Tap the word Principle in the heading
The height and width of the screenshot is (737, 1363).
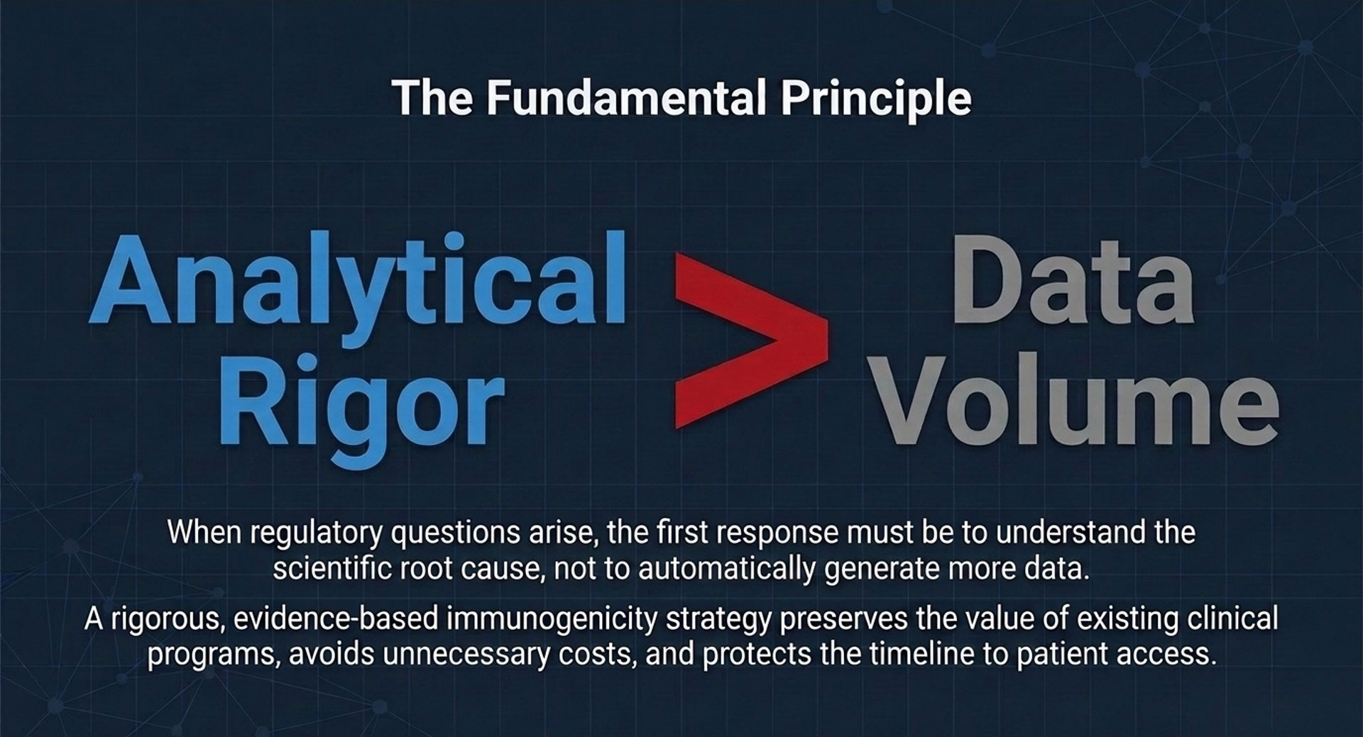876,99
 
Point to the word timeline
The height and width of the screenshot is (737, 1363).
922,653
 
